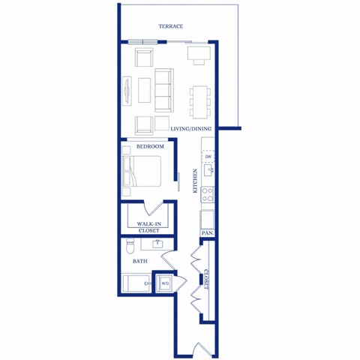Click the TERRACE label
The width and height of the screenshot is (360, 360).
coord(171,26)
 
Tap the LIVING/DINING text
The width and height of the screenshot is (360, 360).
coord(190,129)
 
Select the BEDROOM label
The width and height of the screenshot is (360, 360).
coord(150,147)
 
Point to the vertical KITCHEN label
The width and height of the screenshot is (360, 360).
coord(196,181)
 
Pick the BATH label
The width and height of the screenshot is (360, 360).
coord(139,262)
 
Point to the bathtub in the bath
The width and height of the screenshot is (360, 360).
coord(137,283)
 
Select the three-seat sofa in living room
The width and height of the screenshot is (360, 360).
coord(163,90)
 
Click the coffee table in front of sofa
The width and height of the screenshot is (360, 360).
coord(143,91)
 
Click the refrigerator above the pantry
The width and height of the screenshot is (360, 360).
coord(208,219)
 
